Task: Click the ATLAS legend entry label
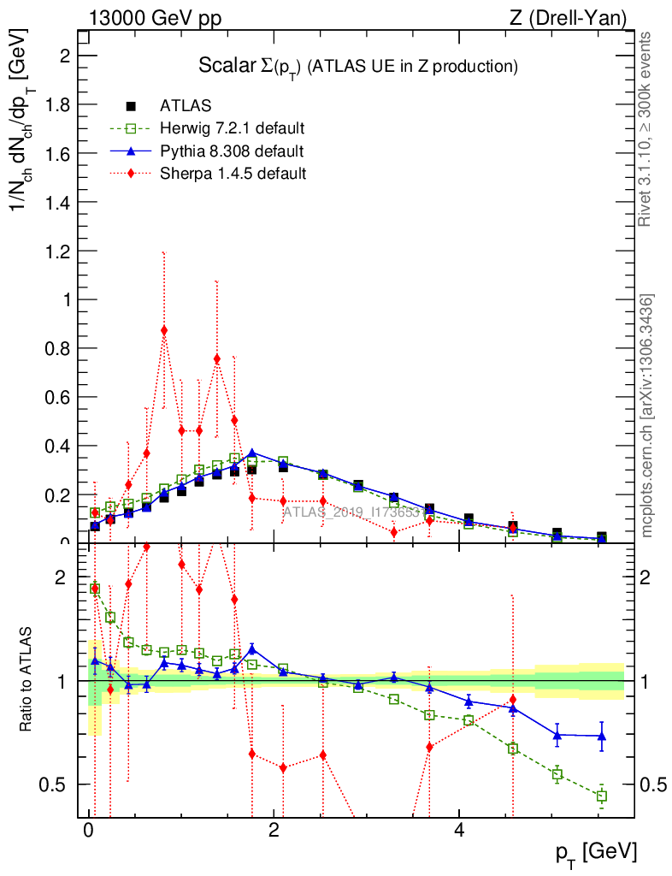point(186,106)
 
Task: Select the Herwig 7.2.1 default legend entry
point(232,128)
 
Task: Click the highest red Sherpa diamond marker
point(164,330)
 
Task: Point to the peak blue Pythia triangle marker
point(251,453)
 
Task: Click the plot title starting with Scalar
point(359,66)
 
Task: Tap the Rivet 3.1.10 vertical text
point(646,128)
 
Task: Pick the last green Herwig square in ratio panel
point(602,796)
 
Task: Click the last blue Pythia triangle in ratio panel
point(602,736)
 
